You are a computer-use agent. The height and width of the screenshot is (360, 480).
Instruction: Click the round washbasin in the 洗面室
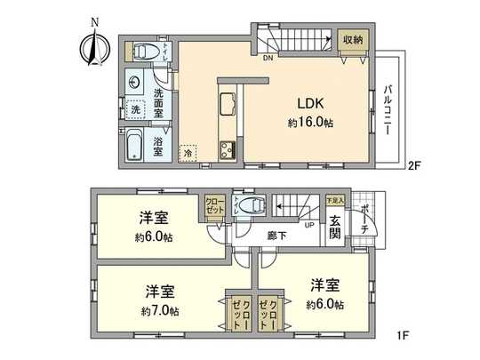pos(135,83)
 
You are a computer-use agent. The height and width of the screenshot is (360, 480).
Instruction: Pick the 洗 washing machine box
pos(136,111)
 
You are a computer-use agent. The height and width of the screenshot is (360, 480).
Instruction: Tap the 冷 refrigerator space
pos(188,153)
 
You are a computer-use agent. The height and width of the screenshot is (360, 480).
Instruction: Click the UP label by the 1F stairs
pos(309,224)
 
